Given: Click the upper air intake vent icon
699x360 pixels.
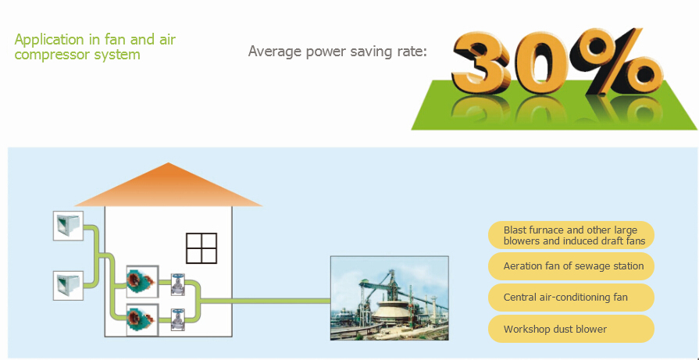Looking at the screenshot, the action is [x=68, y=226].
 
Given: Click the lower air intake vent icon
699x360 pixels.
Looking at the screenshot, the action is [x=68, y=286].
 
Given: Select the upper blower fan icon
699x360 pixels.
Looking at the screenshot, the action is [x=142, y=282].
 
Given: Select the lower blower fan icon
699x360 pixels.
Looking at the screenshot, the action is [x=142, y=319].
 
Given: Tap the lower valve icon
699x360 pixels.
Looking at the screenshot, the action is [x=178, y=319].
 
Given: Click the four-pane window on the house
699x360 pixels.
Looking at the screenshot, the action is [x=201, y=248].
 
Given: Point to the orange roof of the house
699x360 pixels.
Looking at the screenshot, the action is [x=168, y=185].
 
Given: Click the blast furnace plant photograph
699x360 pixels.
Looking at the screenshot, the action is [x=389, y=298].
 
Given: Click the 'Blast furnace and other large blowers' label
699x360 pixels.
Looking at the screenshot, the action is [x=571, y=235].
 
